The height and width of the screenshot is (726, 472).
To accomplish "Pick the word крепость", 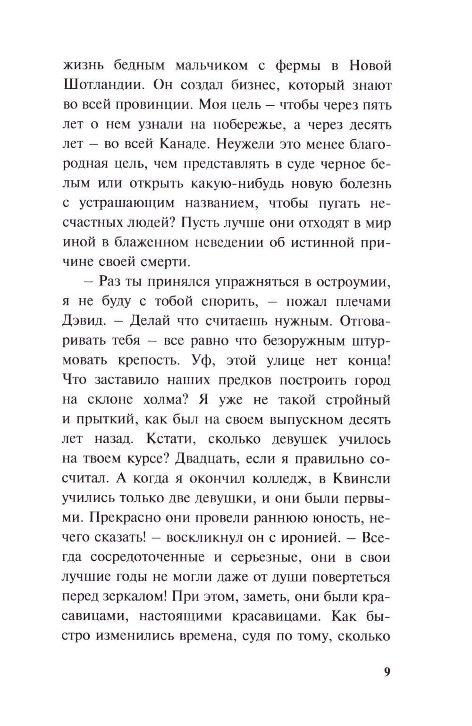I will pyautogui.click(x=156, y=360).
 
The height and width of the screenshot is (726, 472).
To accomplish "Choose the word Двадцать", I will pyautogui.click(x=220, y=458).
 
